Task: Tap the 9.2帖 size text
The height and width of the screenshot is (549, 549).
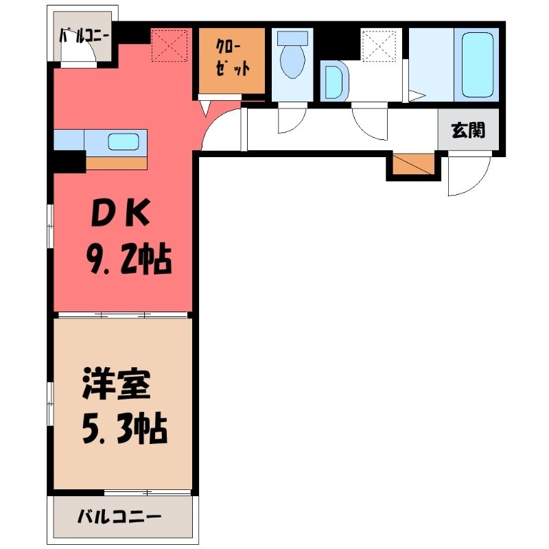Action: point(128,260)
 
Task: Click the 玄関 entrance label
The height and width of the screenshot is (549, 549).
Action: point(469,130)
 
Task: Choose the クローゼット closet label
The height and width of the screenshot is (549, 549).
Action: point(231,60)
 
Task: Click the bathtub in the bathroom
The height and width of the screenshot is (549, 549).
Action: point(478,64)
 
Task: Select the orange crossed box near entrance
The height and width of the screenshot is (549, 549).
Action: point(414,165)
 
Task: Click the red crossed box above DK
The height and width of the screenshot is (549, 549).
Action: point(170,45)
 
